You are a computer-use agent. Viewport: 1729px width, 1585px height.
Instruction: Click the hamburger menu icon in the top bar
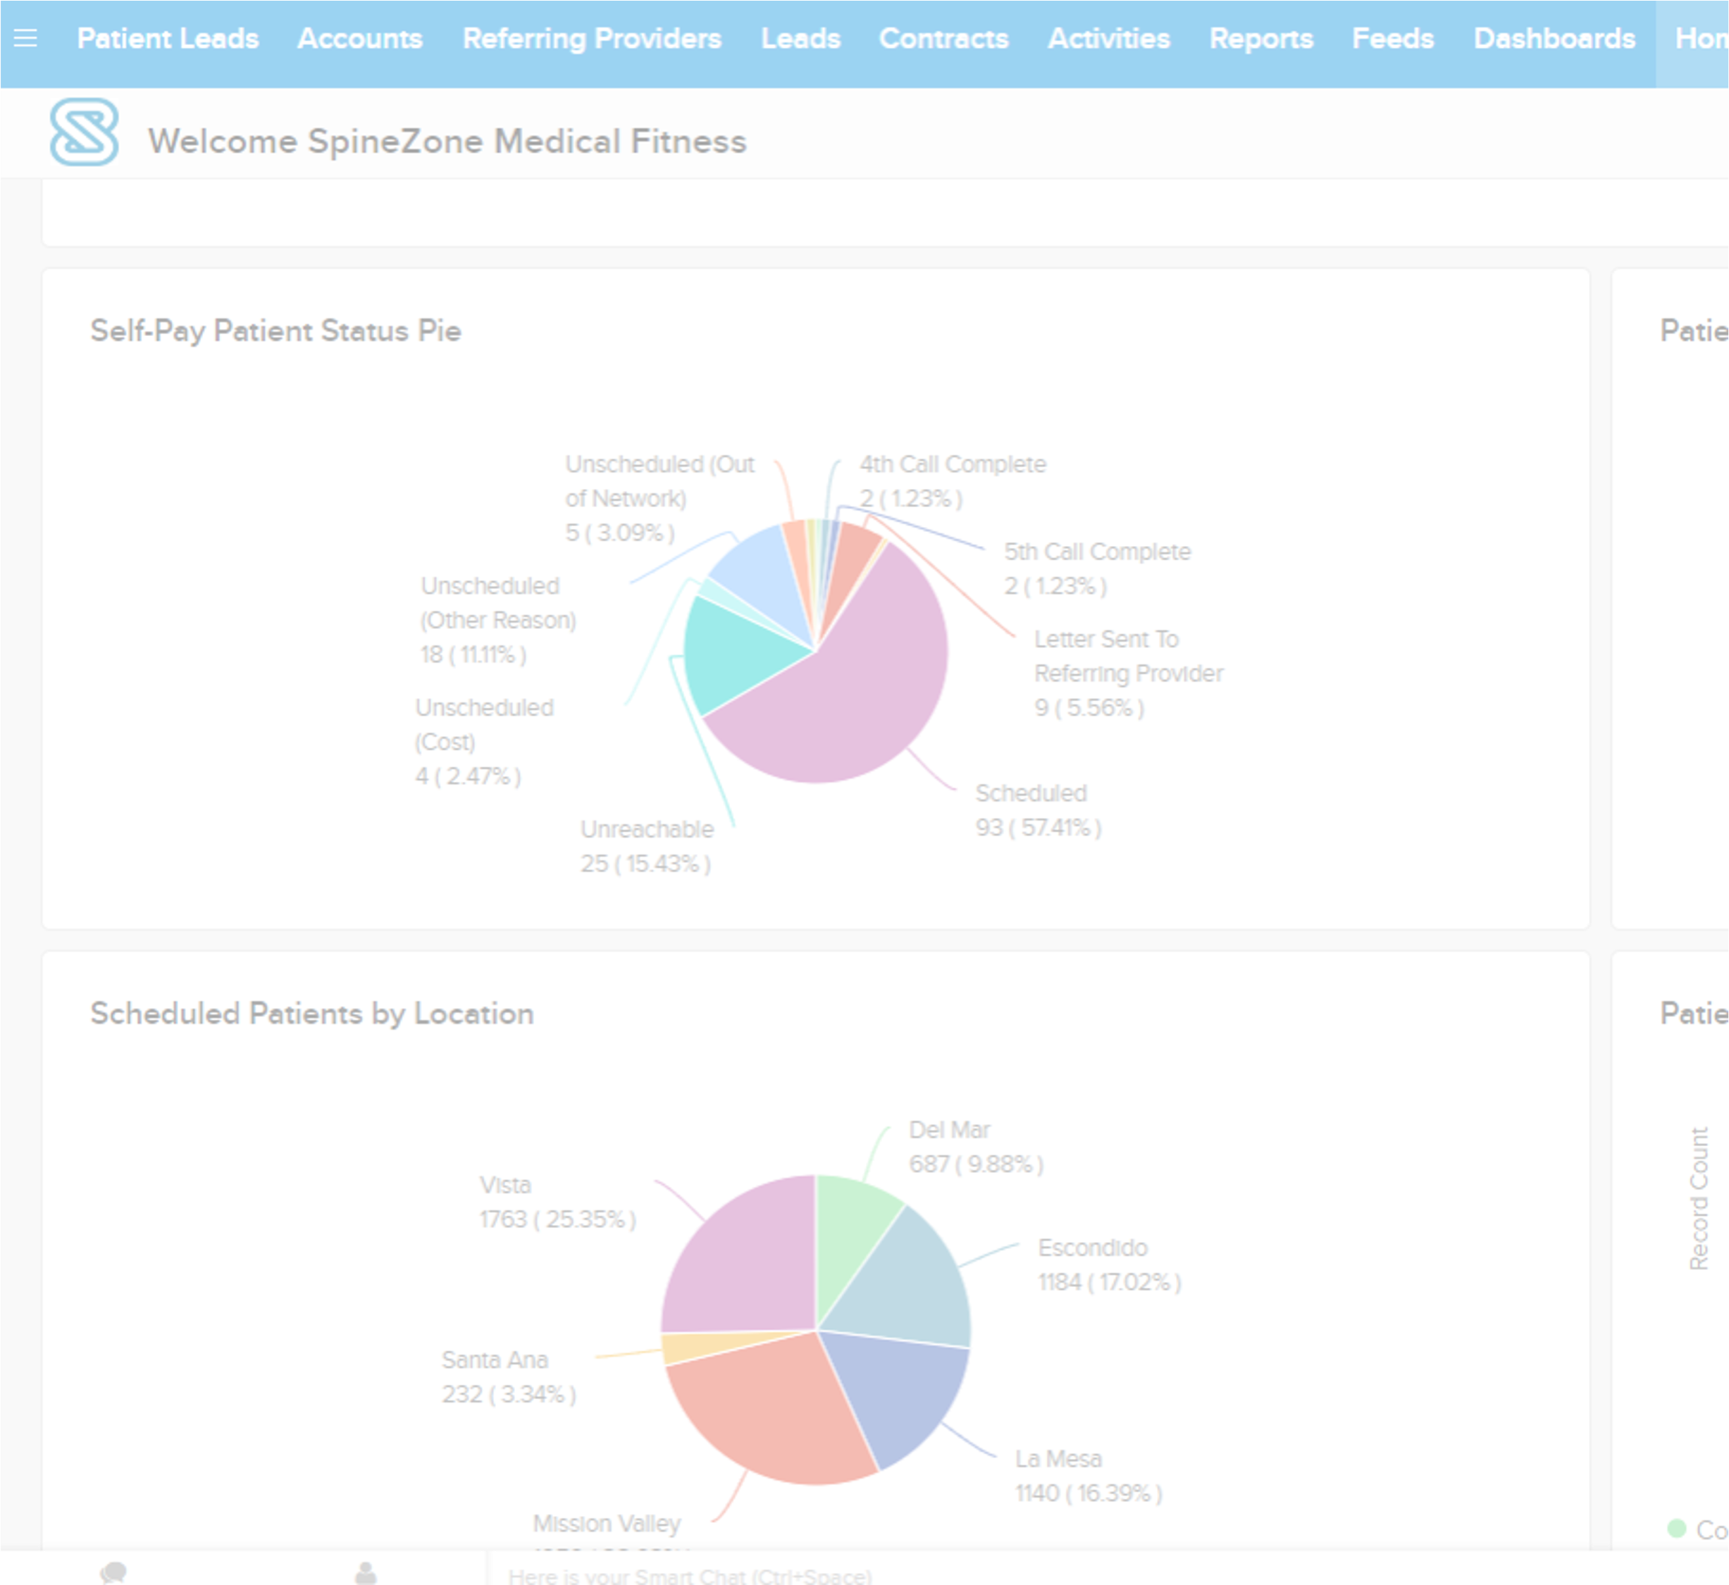pyautogui.click(x=26, y=39)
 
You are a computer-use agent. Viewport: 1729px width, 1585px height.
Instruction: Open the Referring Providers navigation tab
pyautogui.click(x=591, y=39)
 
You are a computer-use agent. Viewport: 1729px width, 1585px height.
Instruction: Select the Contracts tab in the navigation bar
pyautogui.click(x=943, y=39)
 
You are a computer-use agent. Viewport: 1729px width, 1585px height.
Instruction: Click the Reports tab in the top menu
pyautogui.click(x=1260, y=39)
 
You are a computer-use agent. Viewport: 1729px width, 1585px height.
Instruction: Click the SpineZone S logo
pyautogui.click(x=84, y=132)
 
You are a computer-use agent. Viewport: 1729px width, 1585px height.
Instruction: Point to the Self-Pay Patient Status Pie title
pyautogui.click(x=275, y=331)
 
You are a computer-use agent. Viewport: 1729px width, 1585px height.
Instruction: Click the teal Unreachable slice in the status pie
pyautogui.click(x=729, y=656)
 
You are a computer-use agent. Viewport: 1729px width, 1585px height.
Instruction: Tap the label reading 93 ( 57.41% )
pyautogui.click(x=1038, y=828)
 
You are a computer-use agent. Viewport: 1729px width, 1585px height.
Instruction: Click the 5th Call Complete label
pyautogui.click(x=1097, y=552)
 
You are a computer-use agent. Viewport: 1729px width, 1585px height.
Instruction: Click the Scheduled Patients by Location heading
pyautogui.click(x=311, y=1014)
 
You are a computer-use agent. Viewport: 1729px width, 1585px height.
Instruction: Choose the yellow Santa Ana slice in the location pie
pyautogui.click(x=695, y=1347)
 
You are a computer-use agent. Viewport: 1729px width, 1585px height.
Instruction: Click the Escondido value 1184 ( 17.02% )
pyautogui.click(x=1109, y=1282)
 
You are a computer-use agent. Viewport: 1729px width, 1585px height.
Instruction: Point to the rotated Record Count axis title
pyautogui.click(x=1698, y=1198)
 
